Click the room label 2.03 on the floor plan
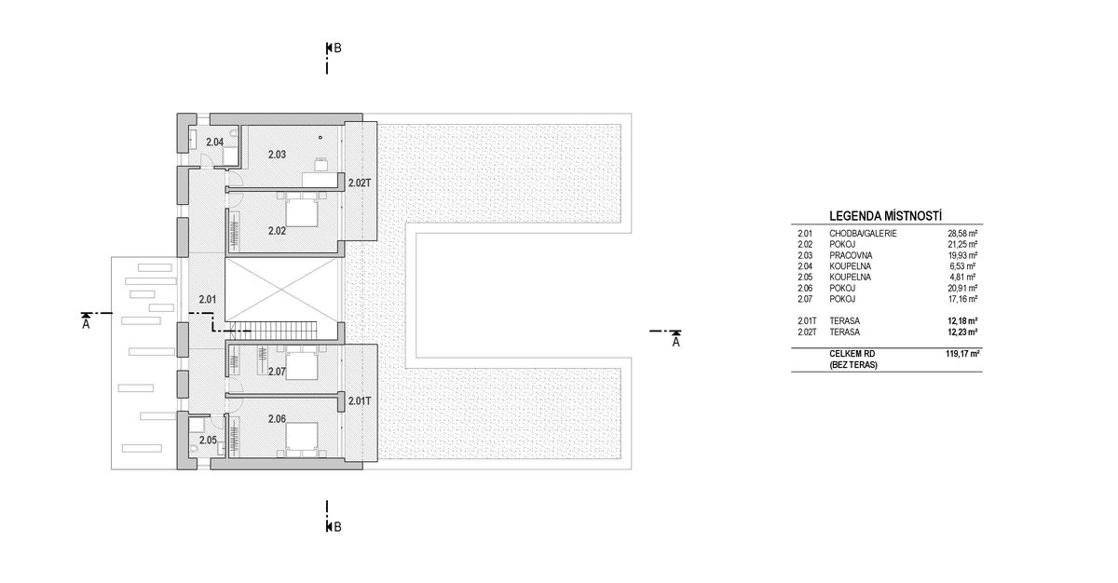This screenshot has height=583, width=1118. point(276,154)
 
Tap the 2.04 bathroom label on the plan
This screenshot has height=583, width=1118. point(214,142)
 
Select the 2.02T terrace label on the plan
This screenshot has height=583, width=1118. point(360,183)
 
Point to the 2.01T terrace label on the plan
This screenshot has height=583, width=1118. point(360,401)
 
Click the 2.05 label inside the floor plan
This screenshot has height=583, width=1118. point(208,440)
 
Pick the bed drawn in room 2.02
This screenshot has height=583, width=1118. point(299,214)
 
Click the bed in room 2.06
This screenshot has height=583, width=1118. point(300,436)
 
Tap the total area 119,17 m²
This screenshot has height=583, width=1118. point(961,355)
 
